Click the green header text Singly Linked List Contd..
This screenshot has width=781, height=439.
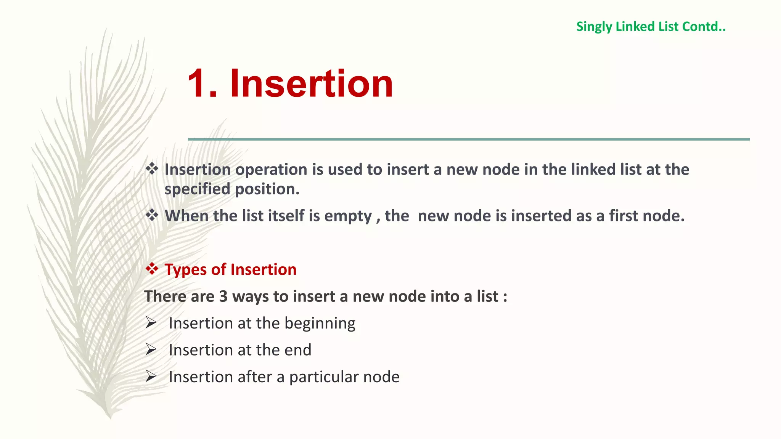click(x=651, y=27)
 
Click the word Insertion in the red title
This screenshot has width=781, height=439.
click(x=311, y=83)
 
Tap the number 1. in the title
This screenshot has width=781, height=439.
click(x=202, y=83)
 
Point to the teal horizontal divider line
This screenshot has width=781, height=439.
click(x=468, y=139)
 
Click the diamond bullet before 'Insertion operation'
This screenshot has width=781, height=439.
click(x=152, y=169)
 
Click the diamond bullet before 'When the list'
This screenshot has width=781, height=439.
click(x=152, y=215)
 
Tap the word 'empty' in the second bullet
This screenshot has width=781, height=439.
click(x=348, y=216)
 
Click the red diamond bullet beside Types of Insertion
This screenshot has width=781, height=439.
click(x=152, y=269)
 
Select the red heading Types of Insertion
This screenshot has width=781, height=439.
click(x=230, y=269)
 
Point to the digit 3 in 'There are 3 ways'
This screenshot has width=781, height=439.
click(x=223, y=296)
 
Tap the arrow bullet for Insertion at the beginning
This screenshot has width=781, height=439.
click(x=151, y=323)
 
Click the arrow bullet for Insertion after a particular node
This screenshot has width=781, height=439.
click(x=151, y=377)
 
